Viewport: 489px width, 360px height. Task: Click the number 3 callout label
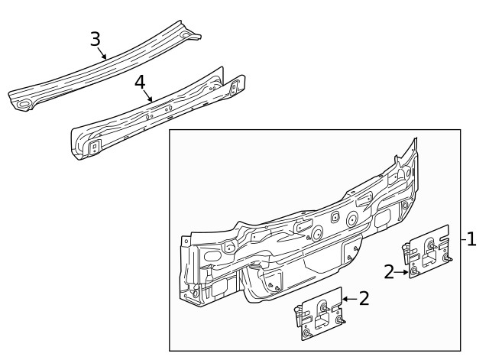click(x=95, y=39)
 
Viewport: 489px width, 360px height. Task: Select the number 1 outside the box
click(x=471, y=239)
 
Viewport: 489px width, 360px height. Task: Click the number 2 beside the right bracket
click(x=390, y=271)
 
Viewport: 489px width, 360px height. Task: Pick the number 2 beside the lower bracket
click(x=364, y=298)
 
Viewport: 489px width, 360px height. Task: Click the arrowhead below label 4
click(x=152, y=100)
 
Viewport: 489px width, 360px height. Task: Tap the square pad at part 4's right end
click(x=235, y=84)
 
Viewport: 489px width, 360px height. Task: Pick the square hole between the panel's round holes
click(x=334, y=216)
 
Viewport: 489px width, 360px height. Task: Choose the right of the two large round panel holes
click(x=351, y=219)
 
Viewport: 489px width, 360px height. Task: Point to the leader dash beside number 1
click(x=463, y=239)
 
